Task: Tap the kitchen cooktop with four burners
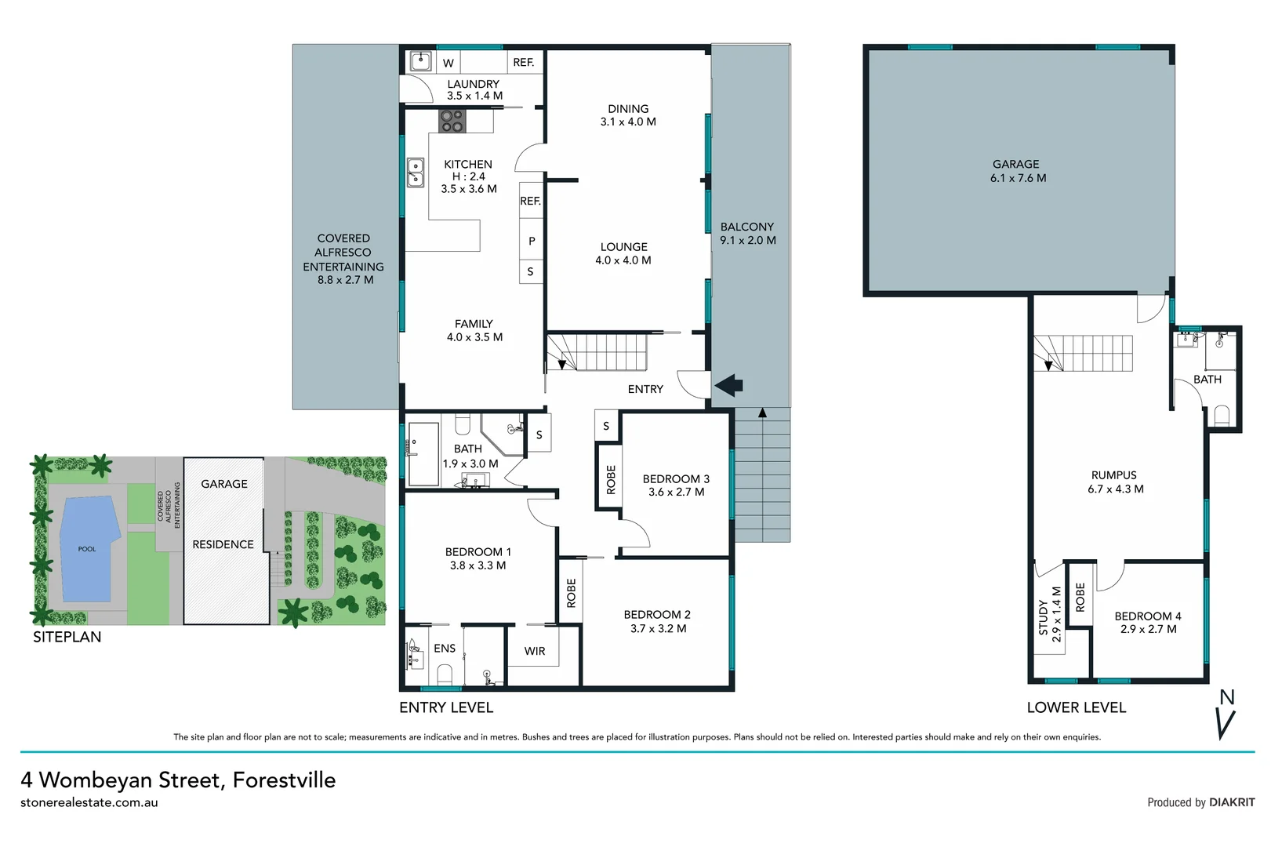point(452,121)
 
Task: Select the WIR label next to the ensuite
point(535,651)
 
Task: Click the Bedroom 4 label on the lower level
point(1148,623)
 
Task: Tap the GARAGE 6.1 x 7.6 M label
point(1017,171)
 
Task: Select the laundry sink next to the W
point(421,61)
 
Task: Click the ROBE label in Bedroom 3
point(611,479)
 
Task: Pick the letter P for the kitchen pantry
point(532,241)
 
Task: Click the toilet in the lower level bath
point(1221,415)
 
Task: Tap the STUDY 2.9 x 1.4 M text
point(1049,615)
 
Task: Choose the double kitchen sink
point(415,172)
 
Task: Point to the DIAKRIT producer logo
point(1231,802)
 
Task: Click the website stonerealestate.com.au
point(89,802)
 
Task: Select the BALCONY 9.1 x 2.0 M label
point(747,234)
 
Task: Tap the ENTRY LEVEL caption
point(446,707)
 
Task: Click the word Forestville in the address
point(284,780)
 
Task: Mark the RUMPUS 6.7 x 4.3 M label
point(1114,482)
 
